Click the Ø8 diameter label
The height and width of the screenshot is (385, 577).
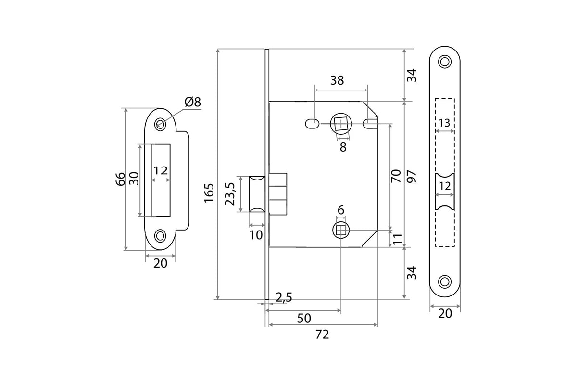[192, 102]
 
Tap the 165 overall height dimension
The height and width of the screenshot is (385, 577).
[209, 192]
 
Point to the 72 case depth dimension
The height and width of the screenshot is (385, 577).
[322, 334]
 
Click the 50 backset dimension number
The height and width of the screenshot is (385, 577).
[304, 318]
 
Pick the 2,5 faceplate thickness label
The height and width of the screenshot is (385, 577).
[284, 297]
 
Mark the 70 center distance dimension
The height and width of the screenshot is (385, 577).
[396, 175]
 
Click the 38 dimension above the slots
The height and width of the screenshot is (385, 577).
[337, 80]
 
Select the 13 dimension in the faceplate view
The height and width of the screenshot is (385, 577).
[444, 123]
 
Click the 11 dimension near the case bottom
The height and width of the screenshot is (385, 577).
[397, 239]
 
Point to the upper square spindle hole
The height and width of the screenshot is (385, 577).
[340, 124]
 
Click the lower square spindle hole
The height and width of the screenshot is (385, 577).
[340, 231]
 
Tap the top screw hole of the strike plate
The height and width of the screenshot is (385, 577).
[159, 124]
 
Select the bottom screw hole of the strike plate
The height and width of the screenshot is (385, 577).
[160, 235]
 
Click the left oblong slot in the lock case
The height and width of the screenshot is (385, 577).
[312, 124]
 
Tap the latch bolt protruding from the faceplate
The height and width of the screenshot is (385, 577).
[257, 194]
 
